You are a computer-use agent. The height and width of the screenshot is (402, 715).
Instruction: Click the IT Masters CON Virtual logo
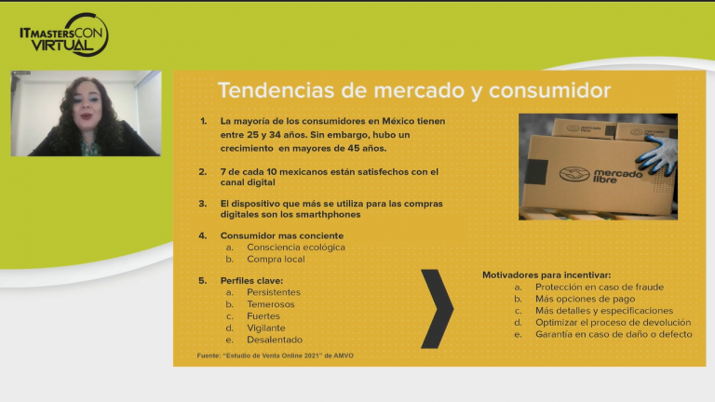[x=63, y=35]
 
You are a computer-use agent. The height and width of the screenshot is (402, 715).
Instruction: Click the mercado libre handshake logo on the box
[x=574, y=174]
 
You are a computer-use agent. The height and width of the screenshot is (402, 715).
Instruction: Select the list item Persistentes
[x=274, y=292]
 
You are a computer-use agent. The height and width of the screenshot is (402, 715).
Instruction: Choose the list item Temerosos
[x=271, y=304]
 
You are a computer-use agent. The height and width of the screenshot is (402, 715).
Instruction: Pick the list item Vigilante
[x=266, y=328]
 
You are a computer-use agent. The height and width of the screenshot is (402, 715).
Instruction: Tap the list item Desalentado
[x=275, y=340]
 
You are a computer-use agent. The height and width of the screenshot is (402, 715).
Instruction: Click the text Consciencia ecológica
[x=296, y=248]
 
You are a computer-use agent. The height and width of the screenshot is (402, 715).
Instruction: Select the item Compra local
[x=276, y=260]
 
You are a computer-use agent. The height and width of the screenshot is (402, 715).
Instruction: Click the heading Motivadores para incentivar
[x=546, y=275]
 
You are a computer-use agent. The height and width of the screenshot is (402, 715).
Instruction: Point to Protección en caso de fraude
[x=599, y=288]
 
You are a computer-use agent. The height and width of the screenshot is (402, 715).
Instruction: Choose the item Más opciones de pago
[x=585, y=300]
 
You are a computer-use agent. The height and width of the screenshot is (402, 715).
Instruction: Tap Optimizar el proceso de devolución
[x=613, y=322]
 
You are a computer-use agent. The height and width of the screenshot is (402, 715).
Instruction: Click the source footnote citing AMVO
[x=276, y=356]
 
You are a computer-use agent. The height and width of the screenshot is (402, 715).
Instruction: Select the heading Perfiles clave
[x=251, y=280]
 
